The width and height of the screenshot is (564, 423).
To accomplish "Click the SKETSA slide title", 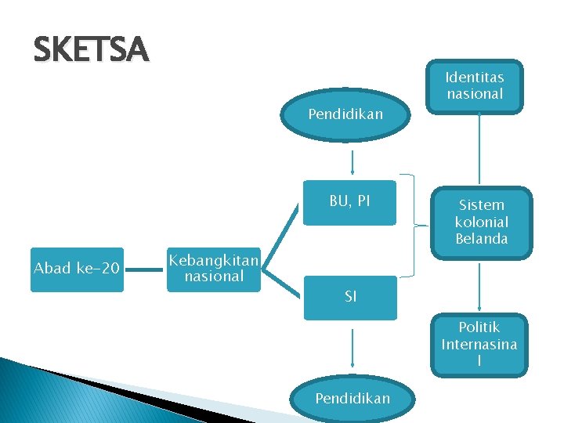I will (90, 50).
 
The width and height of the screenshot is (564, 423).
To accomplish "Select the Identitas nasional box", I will (475, 86).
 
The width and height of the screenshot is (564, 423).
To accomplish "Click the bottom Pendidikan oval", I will (352, 399).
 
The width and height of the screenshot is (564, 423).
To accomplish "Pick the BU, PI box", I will (349, 202).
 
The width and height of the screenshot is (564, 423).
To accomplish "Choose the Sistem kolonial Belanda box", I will (481, 222).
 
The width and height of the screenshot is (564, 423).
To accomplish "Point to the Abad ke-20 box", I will (77, 269).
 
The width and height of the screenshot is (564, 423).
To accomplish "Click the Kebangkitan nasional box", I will (214, 269).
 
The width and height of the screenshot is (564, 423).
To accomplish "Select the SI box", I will (350, 297).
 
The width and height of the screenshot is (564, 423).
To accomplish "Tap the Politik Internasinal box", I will (479, 344).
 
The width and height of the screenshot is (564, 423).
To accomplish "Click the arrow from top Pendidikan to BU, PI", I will (353, 161).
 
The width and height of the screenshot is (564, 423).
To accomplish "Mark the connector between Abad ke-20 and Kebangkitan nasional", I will (145, 269).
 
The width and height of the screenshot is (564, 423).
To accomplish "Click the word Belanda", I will (481, 239).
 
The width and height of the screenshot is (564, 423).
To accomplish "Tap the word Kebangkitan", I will (214, 261).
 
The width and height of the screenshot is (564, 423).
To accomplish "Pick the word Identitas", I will (475, 78).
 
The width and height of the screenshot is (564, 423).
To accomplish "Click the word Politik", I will (479, 327).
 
